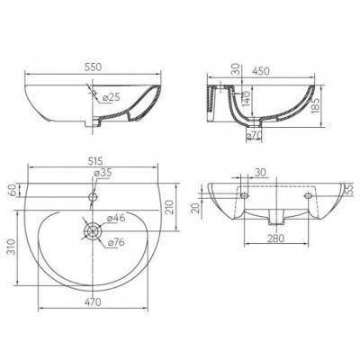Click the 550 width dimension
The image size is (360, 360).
click(x=93, y=67)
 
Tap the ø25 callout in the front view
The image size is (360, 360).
click(x=111, y=97)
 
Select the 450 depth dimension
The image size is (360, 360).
click(x=260, y=71)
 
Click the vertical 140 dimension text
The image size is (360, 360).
click(x=246, y=98)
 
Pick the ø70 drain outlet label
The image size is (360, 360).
click(x=254, y=136)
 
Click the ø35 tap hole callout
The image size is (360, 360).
click(x=103, y=173)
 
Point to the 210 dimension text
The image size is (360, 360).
click(x=170, y=207)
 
